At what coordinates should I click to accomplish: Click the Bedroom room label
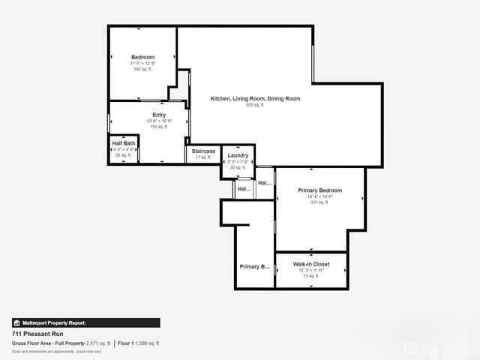[142, 58]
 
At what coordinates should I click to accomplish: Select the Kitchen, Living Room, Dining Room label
[255, 98]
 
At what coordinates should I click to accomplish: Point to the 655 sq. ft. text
[255, 105]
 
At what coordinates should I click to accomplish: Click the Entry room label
[159, 115]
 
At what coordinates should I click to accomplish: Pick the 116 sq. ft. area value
[159, 127]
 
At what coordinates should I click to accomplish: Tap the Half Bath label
[124, 143]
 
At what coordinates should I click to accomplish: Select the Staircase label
[203, 151]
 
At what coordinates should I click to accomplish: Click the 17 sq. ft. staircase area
[203, 157]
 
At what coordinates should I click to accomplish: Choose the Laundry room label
[238, 155]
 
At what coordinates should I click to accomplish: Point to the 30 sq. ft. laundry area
[238, 167]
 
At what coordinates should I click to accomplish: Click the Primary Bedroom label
[319, 190]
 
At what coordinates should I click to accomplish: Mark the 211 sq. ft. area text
[319, 202]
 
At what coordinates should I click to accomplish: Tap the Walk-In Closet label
[310, 264]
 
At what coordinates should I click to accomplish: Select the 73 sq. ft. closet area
[310, 276]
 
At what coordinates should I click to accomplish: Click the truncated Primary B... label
[254, 267]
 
